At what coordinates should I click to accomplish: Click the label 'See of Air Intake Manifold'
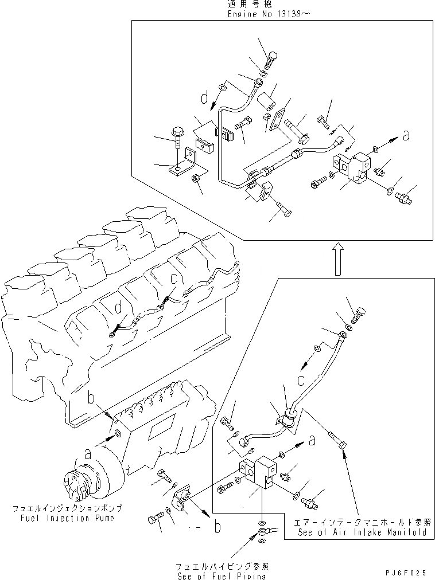click(362, 532)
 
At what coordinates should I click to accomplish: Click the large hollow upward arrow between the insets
click(339, 258)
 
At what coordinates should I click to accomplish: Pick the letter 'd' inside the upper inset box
click(204, 99)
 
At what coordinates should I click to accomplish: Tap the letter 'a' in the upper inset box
click(406, 136)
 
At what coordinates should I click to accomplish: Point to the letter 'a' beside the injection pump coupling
click(88, 453)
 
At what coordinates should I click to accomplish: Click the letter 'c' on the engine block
click(173, 280)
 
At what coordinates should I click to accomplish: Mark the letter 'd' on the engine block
click(118, 308)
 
